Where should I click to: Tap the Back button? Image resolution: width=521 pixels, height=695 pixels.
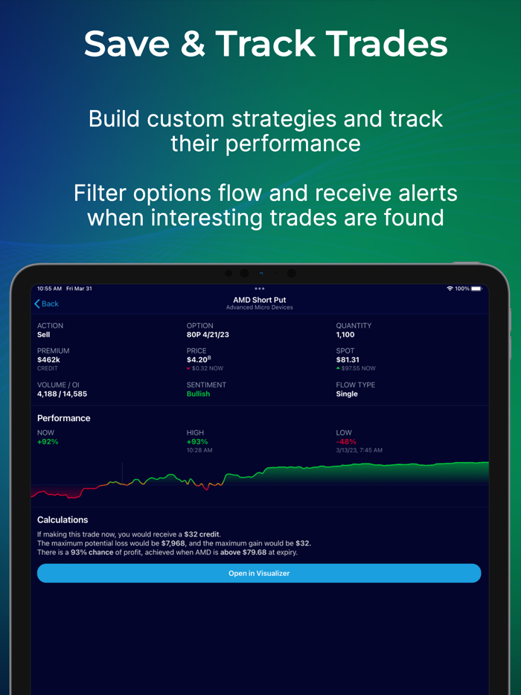pyautogui.click(x=46, y=304)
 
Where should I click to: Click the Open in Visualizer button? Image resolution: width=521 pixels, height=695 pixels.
pyautogui.click(x=259, y=573)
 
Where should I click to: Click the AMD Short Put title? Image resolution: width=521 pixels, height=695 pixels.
pyautogui.click(x=259, y=300)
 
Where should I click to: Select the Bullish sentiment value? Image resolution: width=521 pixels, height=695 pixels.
pyautogui.click(x=198, y=394)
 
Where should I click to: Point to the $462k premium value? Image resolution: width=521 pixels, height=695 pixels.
pyautogui.click(x=48, y=359)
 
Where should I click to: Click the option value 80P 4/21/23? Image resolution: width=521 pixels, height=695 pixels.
pyautogui.click(x=208, y=335)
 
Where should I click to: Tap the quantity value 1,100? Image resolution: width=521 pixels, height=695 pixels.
pyautogui.click(x=345, y=335)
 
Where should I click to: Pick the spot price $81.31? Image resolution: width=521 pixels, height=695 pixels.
pyautogui.click(x=348, y=359)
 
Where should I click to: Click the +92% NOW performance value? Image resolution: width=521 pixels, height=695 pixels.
pyautogui.click(x=48, y=442)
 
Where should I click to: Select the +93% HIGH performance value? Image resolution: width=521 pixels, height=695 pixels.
pyautogui.click(x=196, y=442)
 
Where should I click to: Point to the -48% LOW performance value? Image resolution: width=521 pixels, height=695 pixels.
pyautogui.click(x=346, y=442)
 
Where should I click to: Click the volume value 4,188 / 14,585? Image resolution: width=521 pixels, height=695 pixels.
pyautogui.click(x=62, y=394)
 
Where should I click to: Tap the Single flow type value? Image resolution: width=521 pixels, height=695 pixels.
pyautogui.click(x=347, y=394)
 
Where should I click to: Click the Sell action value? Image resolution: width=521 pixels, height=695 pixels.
pyautogui.click(x=44, y=335)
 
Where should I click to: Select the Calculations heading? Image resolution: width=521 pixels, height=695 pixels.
pyautogui.click(x=63, y=520)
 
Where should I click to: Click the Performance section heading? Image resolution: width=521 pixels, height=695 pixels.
pyautogui.click(x=64, y=418)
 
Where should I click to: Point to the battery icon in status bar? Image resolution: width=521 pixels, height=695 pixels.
pyautogui.click(x=476, y=289)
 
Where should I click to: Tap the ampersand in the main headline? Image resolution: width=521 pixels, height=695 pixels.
pyautogui.click(x=193, y=44)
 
